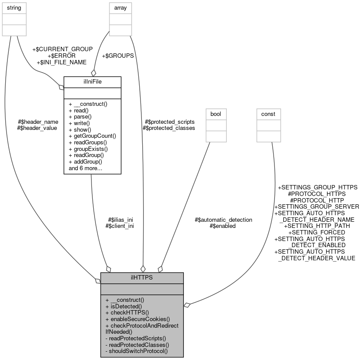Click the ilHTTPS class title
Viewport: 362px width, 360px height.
142,278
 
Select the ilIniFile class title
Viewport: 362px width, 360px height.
92,81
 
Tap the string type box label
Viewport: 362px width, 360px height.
14,8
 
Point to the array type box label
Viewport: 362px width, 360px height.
120,8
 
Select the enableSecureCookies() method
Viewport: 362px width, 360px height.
137,319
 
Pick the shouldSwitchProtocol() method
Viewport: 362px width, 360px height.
137,351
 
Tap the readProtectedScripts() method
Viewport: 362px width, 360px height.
136,338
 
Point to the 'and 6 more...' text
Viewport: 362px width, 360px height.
85,168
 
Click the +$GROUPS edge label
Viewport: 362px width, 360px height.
117,56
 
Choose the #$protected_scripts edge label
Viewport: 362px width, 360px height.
169,122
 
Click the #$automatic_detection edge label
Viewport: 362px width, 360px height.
223,220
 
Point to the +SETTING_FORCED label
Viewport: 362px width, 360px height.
316,232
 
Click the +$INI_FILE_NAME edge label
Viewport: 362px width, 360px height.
62,63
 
